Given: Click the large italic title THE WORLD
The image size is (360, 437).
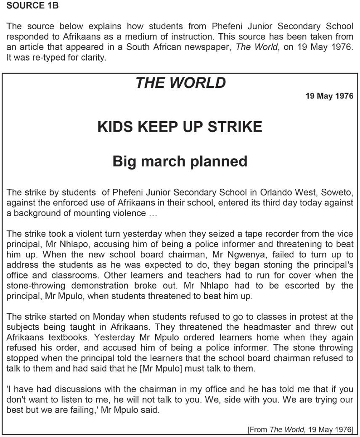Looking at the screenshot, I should click(180, 83).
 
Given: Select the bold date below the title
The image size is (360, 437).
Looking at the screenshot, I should click(329, 96).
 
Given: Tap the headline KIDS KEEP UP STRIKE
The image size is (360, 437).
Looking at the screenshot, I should click(180, 127).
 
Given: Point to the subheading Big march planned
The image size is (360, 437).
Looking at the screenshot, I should click(180, 161).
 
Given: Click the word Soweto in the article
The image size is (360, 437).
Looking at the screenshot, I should click(340, 193).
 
